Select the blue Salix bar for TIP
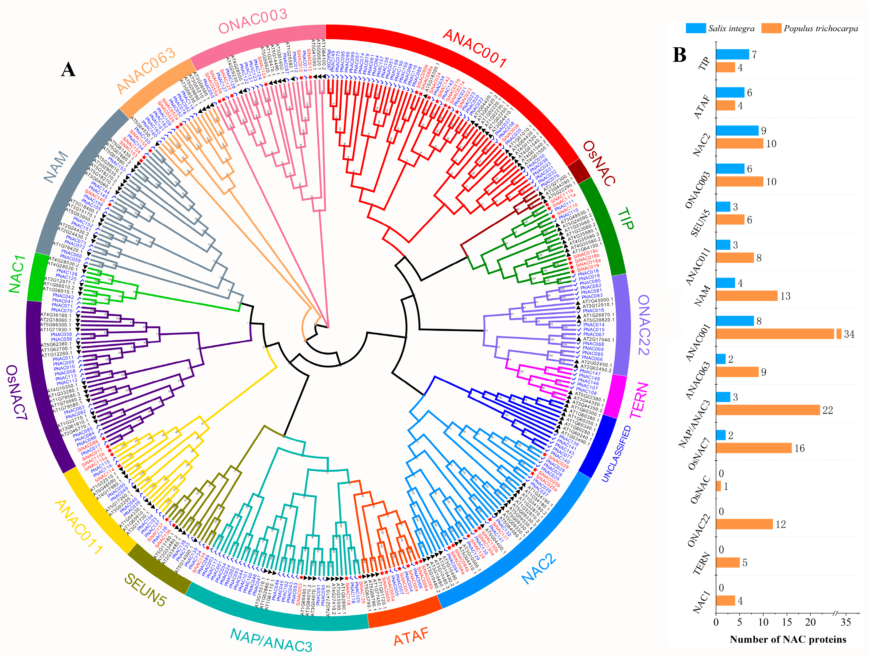(732, 54)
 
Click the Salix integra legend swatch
(695, 28)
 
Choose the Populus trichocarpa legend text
(820, 28)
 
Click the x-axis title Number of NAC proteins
(788, 639)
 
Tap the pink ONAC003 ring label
(253, 22)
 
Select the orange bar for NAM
(746, 296)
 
